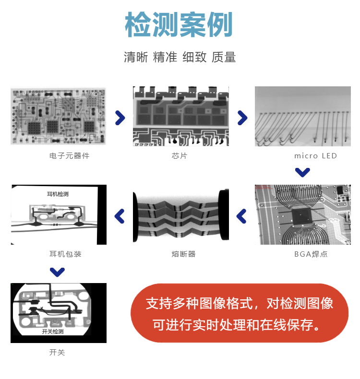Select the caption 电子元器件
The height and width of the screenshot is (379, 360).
click(x=70, y=156)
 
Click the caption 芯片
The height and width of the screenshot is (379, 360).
click(x=180, y=156)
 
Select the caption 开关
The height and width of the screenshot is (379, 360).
click(x=57, y=353)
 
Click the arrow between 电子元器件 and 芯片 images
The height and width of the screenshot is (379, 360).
click(x=120, y=118)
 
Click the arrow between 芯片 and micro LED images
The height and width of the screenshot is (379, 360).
click(x=242, y=118)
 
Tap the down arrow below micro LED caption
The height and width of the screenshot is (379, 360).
click(x=302, y=172)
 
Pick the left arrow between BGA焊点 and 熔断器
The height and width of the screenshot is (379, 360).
click(x=242, y=216)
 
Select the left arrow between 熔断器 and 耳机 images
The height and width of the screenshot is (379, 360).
click(x=120, y=216)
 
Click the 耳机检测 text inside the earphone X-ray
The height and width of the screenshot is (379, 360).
click(x=58, y=194)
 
